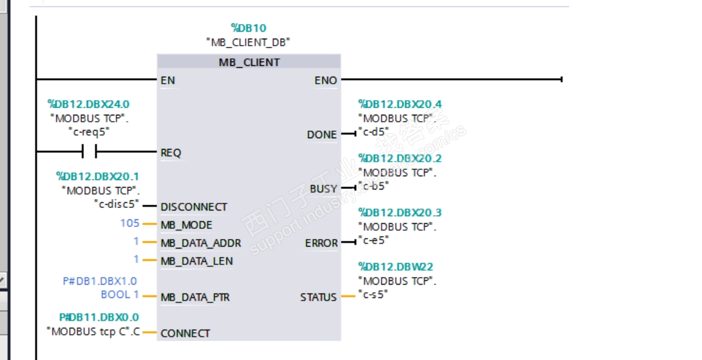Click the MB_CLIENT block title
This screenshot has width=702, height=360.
point(249,62)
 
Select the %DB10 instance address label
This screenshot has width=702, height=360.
point(248,28)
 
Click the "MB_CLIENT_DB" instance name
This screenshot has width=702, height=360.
point(248,42)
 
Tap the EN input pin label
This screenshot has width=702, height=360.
point(168,80)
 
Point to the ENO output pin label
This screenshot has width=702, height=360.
point(326,80)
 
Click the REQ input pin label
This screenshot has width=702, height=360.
point(171,153)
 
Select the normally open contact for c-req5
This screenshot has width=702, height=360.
point(89,151)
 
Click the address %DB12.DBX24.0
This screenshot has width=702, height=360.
point(89,104)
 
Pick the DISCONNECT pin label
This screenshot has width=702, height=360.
point(194,207)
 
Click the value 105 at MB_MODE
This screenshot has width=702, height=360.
point(130,223)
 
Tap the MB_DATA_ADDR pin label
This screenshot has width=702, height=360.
point(201,243)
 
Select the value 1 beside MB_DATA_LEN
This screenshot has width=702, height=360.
point(136,259)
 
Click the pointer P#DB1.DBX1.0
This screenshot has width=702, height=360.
point(99,281)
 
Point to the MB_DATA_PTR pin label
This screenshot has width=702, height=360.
point(195,297)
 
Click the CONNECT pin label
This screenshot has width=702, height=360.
point(186,333)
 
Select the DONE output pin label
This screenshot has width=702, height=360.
point(322,134)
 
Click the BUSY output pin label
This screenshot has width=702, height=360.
point(323,189)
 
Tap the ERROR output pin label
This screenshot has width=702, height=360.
point(321,243)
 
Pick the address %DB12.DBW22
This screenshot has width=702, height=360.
point(395,267)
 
